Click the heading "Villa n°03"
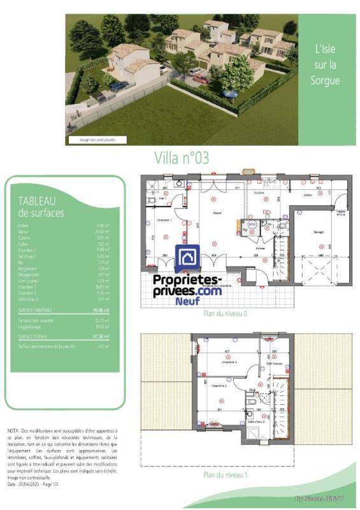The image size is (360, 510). pyautogui.click(x=182, y=158)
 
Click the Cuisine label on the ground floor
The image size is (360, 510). pyautogui.click(x=259, y=193)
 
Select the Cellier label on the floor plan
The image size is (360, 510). pyautogui.click(x=308, y=195)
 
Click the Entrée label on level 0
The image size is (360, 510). pyautogui.click(x=260, y=248)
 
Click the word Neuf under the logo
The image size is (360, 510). pyautogui.click(x=187, y=301)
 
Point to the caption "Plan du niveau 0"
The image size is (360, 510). pyautogui.click(x=224, y=314)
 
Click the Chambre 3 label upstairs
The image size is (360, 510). pyautogui.click(x=229, y=362)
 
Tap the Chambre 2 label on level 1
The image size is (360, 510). pyautogui.click(x=220, y=386)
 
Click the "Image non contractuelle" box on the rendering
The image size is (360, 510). pyautogui.click(x=97, y=140)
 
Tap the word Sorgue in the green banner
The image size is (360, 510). pyautogui.click(x=324, y=81)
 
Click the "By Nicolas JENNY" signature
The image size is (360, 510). pyautogui.click(x=319, y=498)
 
